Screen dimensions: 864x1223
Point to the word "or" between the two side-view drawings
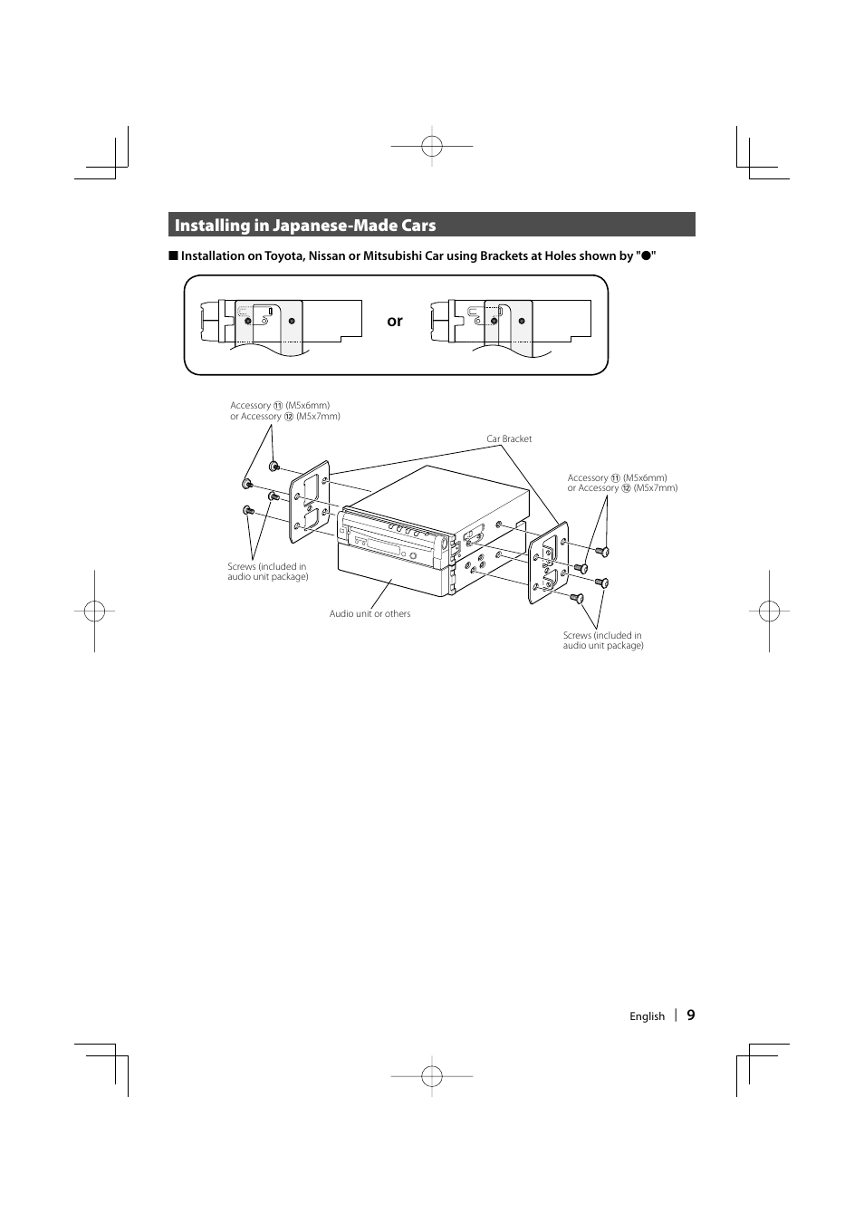(395, 321)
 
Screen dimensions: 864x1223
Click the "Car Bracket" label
(509, 439)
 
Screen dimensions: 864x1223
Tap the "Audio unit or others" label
(370, 614)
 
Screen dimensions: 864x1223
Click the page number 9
(691, 1016)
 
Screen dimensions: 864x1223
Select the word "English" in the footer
(647, 1016)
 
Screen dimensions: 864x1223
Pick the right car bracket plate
(548, 562)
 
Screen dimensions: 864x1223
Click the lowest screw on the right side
(575, 598)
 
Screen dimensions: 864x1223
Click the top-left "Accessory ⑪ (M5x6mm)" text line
(280, 406)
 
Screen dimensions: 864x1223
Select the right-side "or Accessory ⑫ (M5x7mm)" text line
(622, 488)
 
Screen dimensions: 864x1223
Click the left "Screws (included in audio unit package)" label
(267, 572)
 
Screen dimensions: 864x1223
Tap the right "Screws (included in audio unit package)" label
(602, 640)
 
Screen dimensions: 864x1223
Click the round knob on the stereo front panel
(413, 556)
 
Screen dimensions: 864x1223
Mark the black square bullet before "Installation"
(172, 255)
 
